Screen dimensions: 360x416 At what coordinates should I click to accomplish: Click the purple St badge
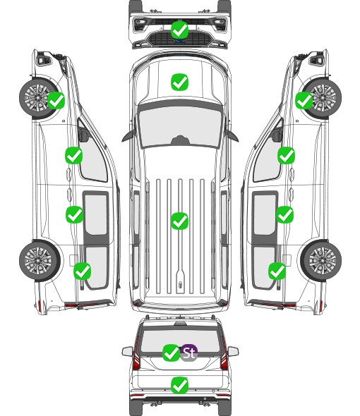189,353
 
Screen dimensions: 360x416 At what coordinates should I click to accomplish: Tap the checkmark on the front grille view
179,30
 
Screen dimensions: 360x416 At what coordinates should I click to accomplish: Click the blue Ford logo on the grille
180,41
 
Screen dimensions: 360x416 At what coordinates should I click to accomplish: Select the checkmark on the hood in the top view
179,82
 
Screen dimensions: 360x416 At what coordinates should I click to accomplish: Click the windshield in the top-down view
180,127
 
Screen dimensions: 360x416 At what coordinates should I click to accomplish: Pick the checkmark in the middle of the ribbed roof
179,221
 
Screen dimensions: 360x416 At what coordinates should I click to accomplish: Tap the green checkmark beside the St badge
171,353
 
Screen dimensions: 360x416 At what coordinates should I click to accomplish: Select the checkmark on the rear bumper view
179,385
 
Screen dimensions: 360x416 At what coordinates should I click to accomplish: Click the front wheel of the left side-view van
37,98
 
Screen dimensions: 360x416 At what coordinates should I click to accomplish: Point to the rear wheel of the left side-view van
40,261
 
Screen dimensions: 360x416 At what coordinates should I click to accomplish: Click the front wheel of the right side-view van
323,98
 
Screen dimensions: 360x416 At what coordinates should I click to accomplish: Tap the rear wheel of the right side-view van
321,261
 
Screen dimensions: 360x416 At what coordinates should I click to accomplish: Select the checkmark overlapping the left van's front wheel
56,100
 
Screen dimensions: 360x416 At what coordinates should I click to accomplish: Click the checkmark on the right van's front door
286,155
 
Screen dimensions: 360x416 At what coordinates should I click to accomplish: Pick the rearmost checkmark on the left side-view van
82,271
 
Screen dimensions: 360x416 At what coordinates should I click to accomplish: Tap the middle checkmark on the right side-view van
284,214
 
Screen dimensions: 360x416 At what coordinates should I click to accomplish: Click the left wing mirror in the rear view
128,351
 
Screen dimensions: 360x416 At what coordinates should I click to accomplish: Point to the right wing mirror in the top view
232,135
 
